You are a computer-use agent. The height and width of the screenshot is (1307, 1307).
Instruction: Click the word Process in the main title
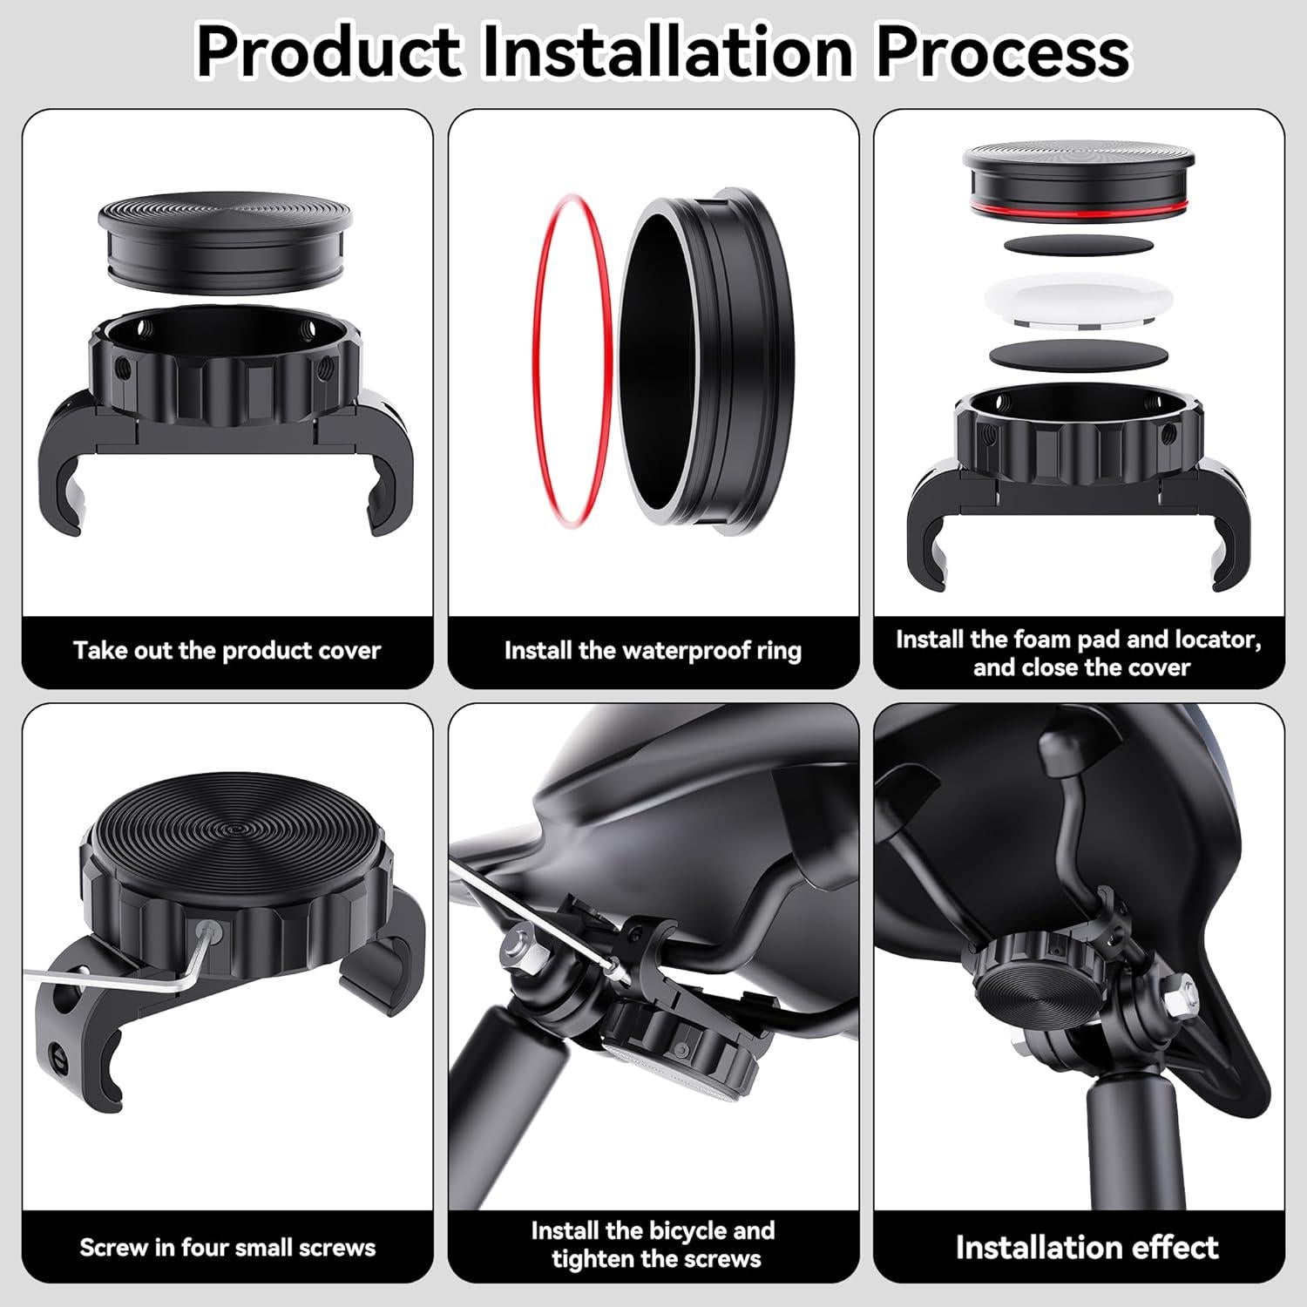1002,52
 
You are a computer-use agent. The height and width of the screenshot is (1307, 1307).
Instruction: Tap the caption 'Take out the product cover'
227,651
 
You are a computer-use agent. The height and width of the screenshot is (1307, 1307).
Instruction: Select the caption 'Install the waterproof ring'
653,651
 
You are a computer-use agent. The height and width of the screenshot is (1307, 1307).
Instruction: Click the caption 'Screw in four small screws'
227,1248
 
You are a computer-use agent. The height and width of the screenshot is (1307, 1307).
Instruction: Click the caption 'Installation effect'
1087,1248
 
